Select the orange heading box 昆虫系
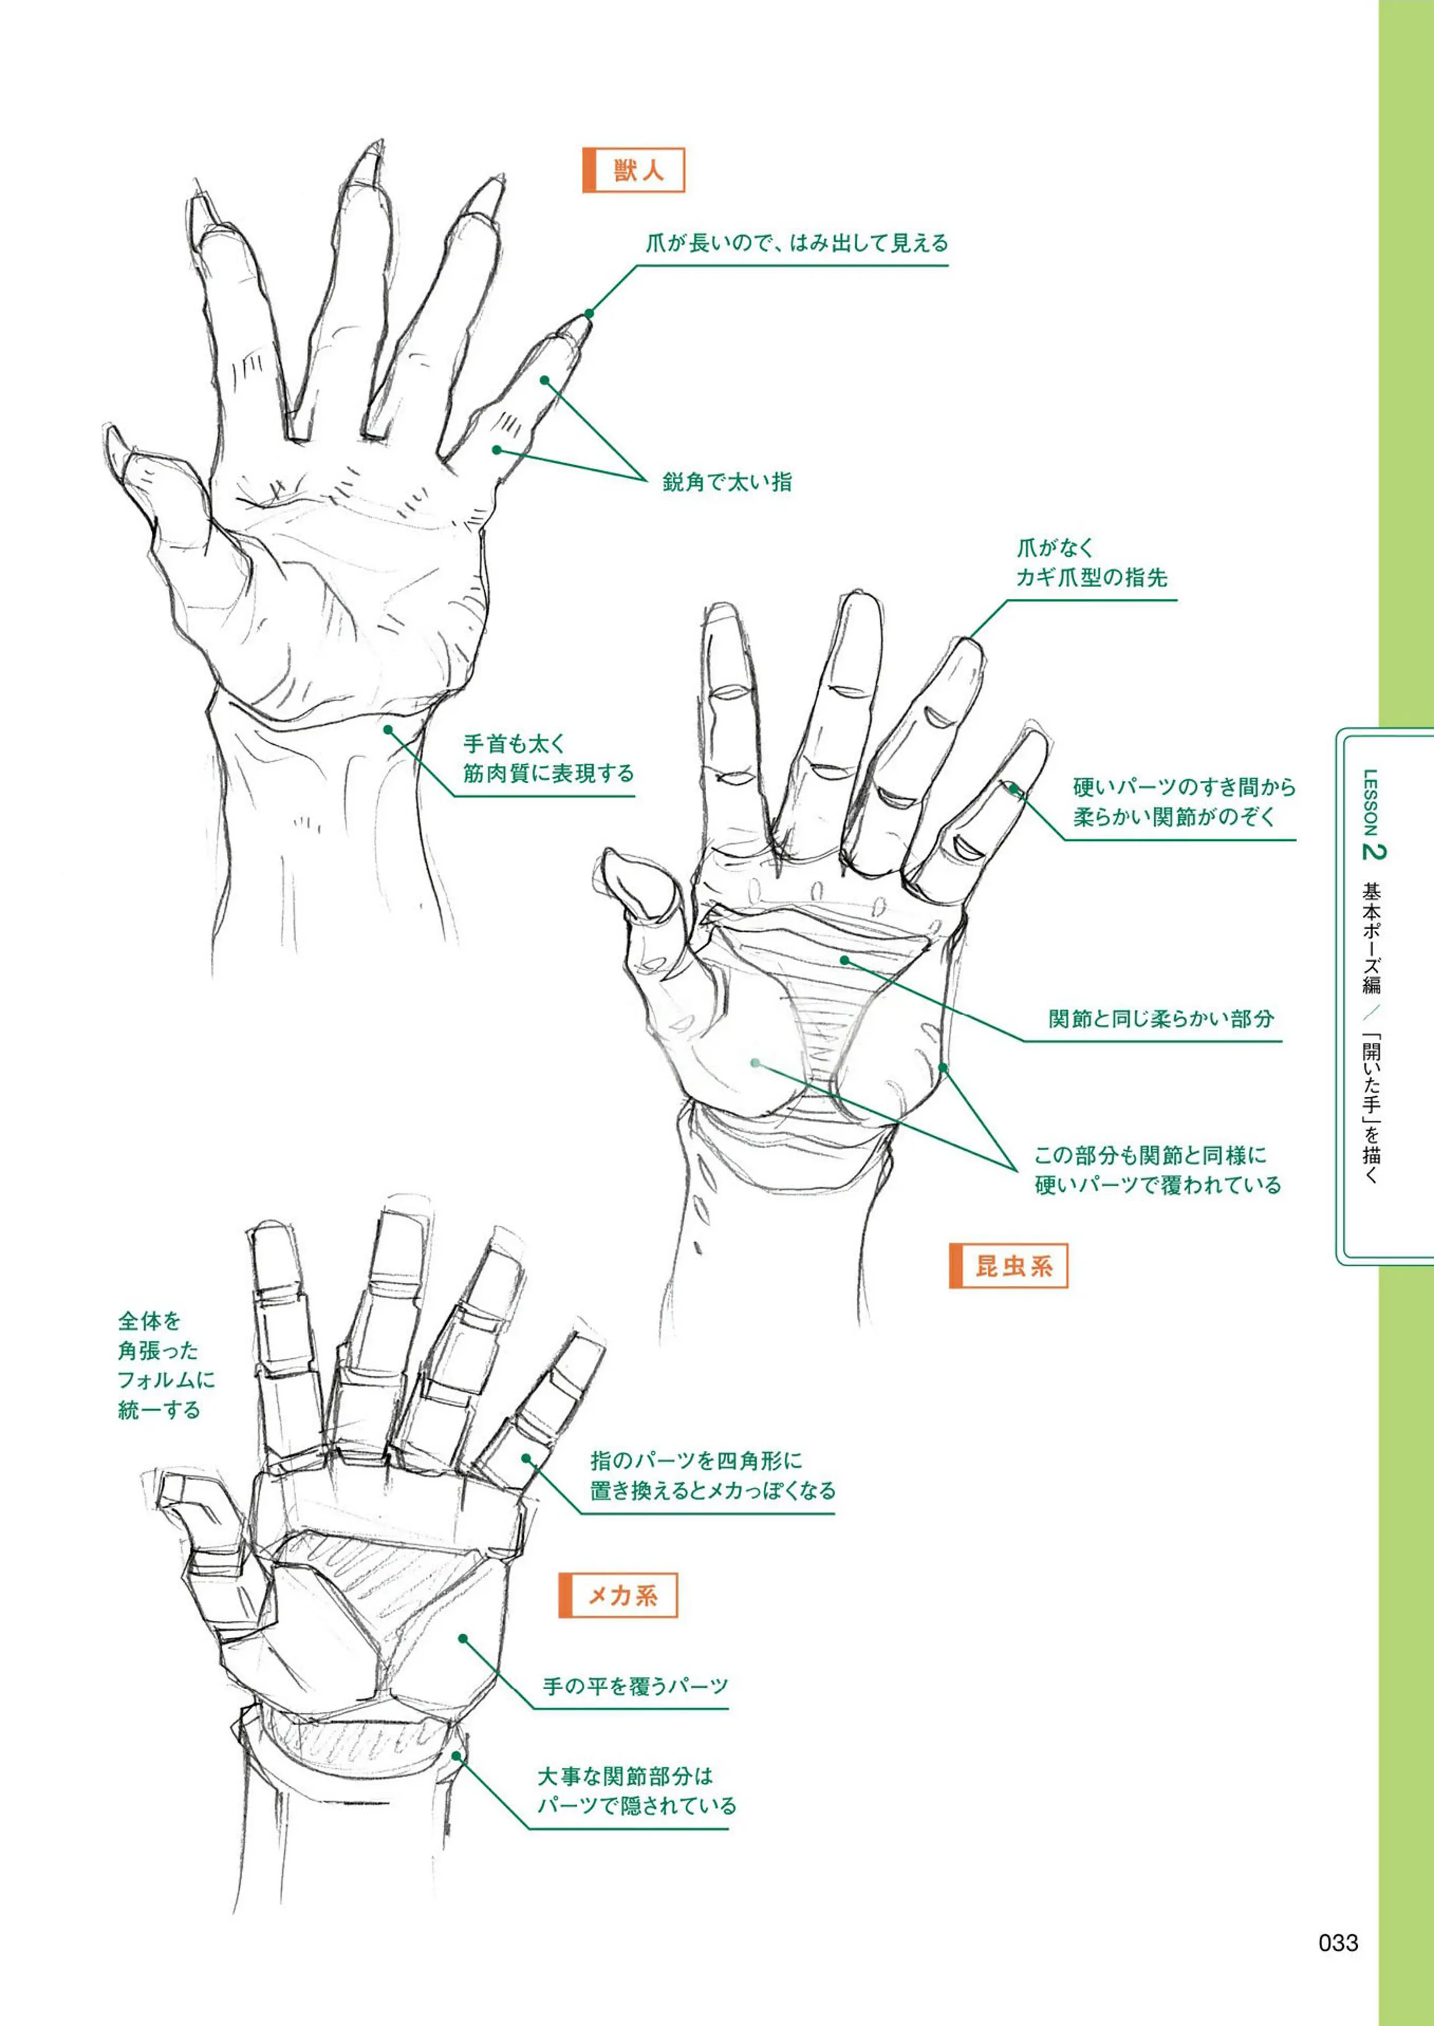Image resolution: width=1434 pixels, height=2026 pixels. [x=1008, y=1266]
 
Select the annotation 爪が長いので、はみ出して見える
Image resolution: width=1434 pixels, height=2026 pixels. [x=796, y=243]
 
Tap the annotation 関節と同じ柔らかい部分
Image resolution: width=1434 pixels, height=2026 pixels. [x=1161, y=1018]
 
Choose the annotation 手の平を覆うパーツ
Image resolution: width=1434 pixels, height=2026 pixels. [x=635, y=1686]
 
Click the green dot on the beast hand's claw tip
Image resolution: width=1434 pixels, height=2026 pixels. [x=589, y=313]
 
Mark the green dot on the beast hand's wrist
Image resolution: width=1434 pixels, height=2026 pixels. [x=389, y=730]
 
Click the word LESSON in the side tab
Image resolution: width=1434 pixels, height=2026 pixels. [x=1370, y=803]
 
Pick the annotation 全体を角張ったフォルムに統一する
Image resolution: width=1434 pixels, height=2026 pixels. [x=166, y=1365]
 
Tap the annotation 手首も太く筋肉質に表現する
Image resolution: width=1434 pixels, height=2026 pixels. [x=548, y=759]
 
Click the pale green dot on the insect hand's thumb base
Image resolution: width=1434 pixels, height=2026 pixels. [x=756, y=1063]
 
